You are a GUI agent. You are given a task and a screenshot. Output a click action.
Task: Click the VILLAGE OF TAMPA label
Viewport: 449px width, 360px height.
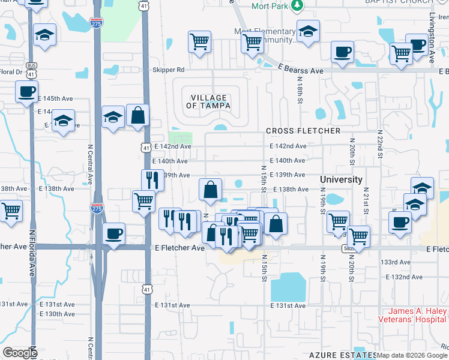click(209, 101)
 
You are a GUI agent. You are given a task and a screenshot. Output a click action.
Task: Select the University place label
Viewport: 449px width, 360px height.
click(341, 179)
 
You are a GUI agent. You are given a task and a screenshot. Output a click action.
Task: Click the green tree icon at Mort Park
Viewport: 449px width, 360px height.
click(296, 5)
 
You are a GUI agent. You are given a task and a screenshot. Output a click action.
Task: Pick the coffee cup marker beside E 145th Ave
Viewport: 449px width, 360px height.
click(26, 92)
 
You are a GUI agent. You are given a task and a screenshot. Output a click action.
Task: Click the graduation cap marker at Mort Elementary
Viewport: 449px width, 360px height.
click(308, 31)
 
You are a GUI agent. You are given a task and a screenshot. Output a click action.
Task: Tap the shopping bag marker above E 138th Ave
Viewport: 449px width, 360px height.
click(211, 190)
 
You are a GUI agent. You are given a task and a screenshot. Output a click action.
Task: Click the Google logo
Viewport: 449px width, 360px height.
click(20, 353)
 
